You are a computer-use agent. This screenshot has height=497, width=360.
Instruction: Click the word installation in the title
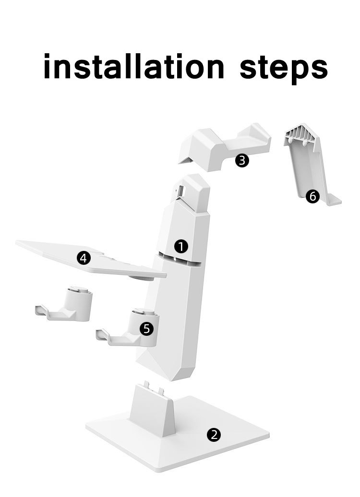(x=133, y=67)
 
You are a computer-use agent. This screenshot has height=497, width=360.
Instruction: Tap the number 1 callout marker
(x=181, y=246)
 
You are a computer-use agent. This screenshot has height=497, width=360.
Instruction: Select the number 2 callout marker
(x=214, y=434)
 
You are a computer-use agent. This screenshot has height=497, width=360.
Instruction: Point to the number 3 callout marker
(x=242, y=160)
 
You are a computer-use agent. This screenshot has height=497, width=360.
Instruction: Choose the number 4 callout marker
(x=84, y=258)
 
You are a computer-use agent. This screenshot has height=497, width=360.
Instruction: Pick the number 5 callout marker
(x=146, y=329)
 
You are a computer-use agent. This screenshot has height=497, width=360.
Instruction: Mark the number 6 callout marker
(x=312, y=197)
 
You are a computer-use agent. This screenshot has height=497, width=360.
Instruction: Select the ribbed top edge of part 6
(x=301, y=135)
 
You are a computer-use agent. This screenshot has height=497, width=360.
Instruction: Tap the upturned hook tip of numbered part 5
(x=101, y=334)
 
